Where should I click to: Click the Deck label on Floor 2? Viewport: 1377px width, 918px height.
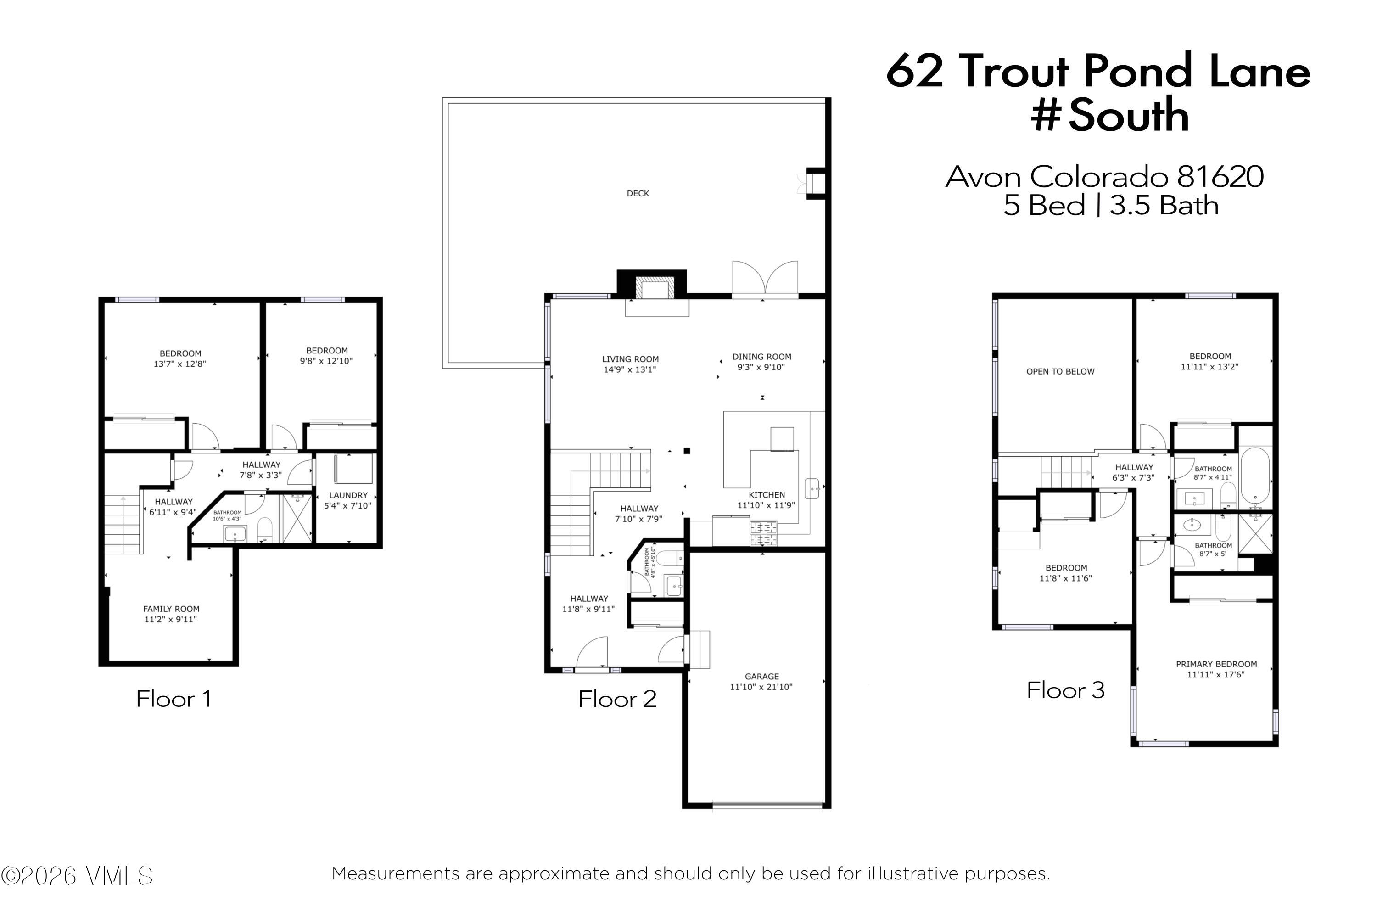[638, 193]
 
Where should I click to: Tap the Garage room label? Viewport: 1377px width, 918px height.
[761, 676]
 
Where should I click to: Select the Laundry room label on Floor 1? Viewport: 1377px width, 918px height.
[348, 495]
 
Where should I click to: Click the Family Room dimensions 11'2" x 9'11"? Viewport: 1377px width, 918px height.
[170, 619]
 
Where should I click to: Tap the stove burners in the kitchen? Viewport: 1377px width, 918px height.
[763, 534]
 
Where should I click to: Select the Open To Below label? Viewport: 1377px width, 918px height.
[1060, 372]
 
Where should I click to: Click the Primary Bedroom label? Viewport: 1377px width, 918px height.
[1216, 664]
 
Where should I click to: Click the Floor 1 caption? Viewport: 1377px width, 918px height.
[174, 699]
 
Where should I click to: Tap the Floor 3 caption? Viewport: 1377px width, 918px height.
[1065, 690]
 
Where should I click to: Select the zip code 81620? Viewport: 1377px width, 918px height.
[1220, 176]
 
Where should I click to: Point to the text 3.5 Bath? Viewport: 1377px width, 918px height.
[1164, 206]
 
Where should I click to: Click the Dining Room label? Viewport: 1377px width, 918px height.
[761, 357]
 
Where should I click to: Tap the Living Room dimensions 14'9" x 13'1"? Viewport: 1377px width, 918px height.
[629, 370]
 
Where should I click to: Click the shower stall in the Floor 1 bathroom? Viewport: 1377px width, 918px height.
[297, 519]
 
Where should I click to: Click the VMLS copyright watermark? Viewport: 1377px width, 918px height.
[77, 876]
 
